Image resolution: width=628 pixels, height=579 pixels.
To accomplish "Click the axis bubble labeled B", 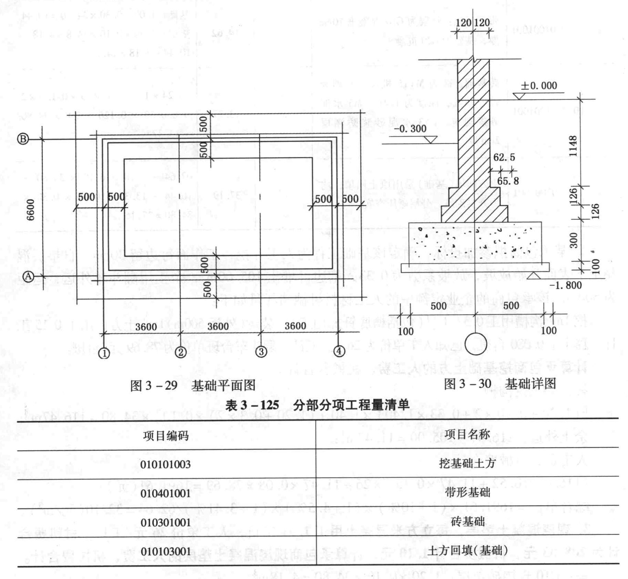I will click(x=23, y=139).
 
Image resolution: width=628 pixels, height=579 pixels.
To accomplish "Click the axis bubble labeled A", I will click(x=29, y=276).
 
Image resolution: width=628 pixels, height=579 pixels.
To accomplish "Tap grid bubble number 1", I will click(x=104, y=353).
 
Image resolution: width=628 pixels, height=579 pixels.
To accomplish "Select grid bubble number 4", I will click(x=339, y=351).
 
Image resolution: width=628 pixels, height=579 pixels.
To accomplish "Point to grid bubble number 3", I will click(x=261, y=352).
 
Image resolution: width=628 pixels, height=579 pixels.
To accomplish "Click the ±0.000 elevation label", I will click(x=539, y=86).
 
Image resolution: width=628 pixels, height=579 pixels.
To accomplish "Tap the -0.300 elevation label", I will click(x=410, y=129).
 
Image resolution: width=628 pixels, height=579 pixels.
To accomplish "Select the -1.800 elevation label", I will click(x=565, y=285).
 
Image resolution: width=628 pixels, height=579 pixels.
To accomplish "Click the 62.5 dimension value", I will click(x=504, y=158).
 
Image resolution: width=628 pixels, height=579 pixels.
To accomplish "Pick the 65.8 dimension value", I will click(x=508, y=181).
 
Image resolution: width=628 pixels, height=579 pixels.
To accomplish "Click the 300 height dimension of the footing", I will click(x=573, y=240).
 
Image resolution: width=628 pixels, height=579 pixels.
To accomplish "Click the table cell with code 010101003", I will click(x=165, y=464).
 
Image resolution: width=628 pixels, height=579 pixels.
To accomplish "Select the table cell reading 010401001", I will click(x=165, y=493).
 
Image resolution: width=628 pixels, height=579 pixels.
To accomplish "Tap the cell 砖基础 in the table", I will click(x=467, y=522).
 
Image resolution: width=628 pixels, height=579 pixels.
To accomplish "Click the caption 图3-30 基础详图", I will click(x=500, y=384).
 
